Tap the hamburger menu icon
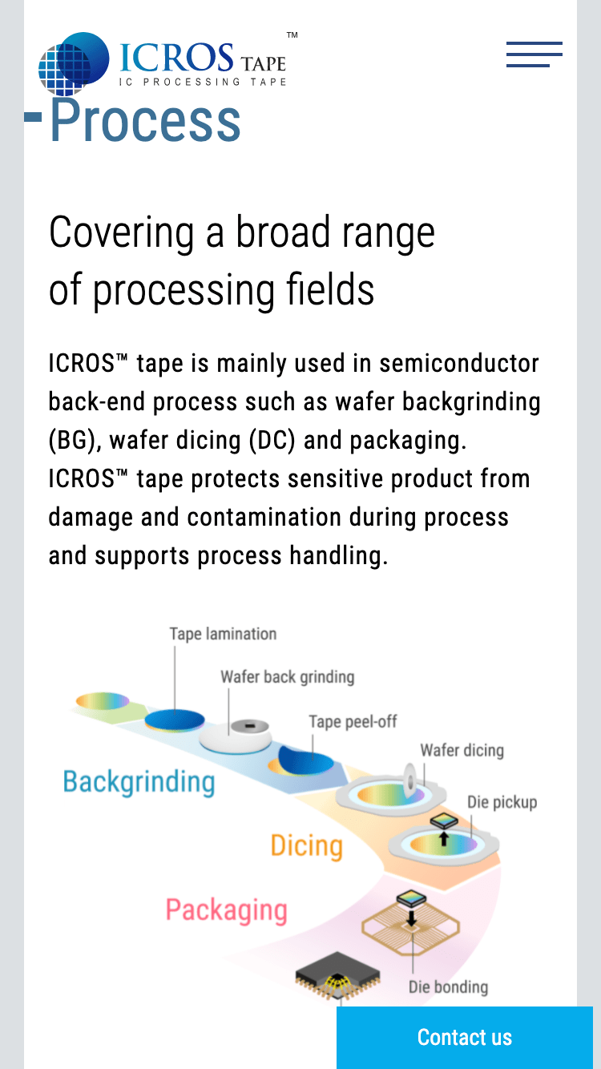coord(534,54)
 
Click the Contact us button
coord(465,1038)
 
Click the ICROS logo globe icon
coord(74,63)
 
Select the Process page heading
coord(145,121)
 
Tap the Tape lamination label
coord(223,634)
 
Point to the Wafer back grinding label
coord(288,676)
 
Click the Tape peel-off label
coord(353,721)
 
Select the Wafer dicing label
coord(462,750)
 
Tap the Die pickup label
coord(502,801)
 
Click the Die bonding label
coord(448,987)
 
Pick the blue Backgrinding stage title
coord(139,782)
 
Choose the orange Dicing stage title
coord(306,846)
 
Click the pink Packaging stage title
coord(226,910)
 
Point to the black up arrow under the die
coord(444,838)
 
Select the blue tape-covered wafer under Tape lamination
coord(175,720)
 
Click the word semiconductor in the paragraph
coord(459,364)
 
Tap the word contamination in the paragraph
coord(264,518)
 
